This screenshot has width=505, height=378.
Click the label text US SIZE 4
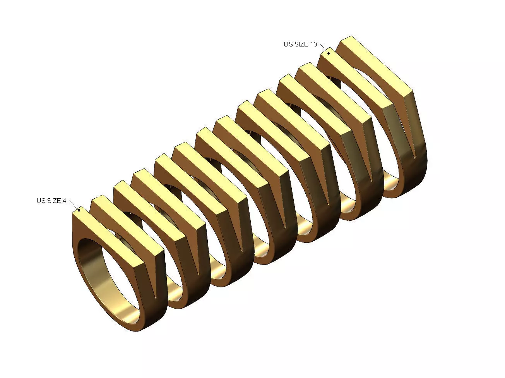(x=51, y=201)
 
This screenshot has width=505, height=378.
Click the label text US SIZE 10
(x=300, y=44)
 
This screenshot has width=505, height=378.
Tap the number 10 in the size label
(x=313, y=44)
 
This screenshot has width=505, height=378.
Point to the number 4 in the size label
(x=64, y=201)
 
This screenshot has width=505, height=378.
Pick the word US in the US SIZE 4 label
(x=41, y=201)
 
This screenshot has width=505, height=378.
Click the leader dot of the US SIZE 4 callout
(x=79, y=210)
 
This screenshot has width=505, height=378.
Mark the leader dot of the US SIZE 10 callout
(x=329, y=53)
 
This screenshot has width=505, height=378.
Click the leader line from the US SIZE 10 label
(x=324, y=48)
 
